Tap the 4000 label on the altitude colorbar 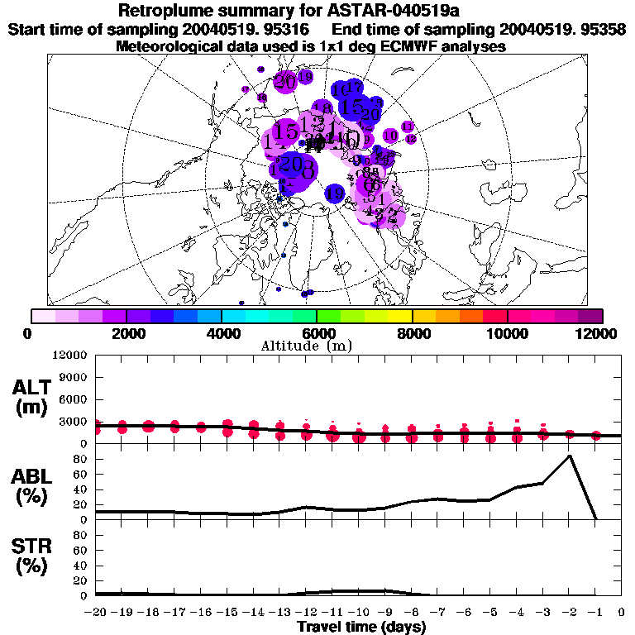click(222, 333)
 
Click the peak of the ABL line click(570, 456)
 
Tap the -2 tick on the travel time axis click(569, 613)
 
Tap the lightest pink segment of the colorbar click(43, 316)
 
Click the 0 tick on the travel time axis click(622, 613)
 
